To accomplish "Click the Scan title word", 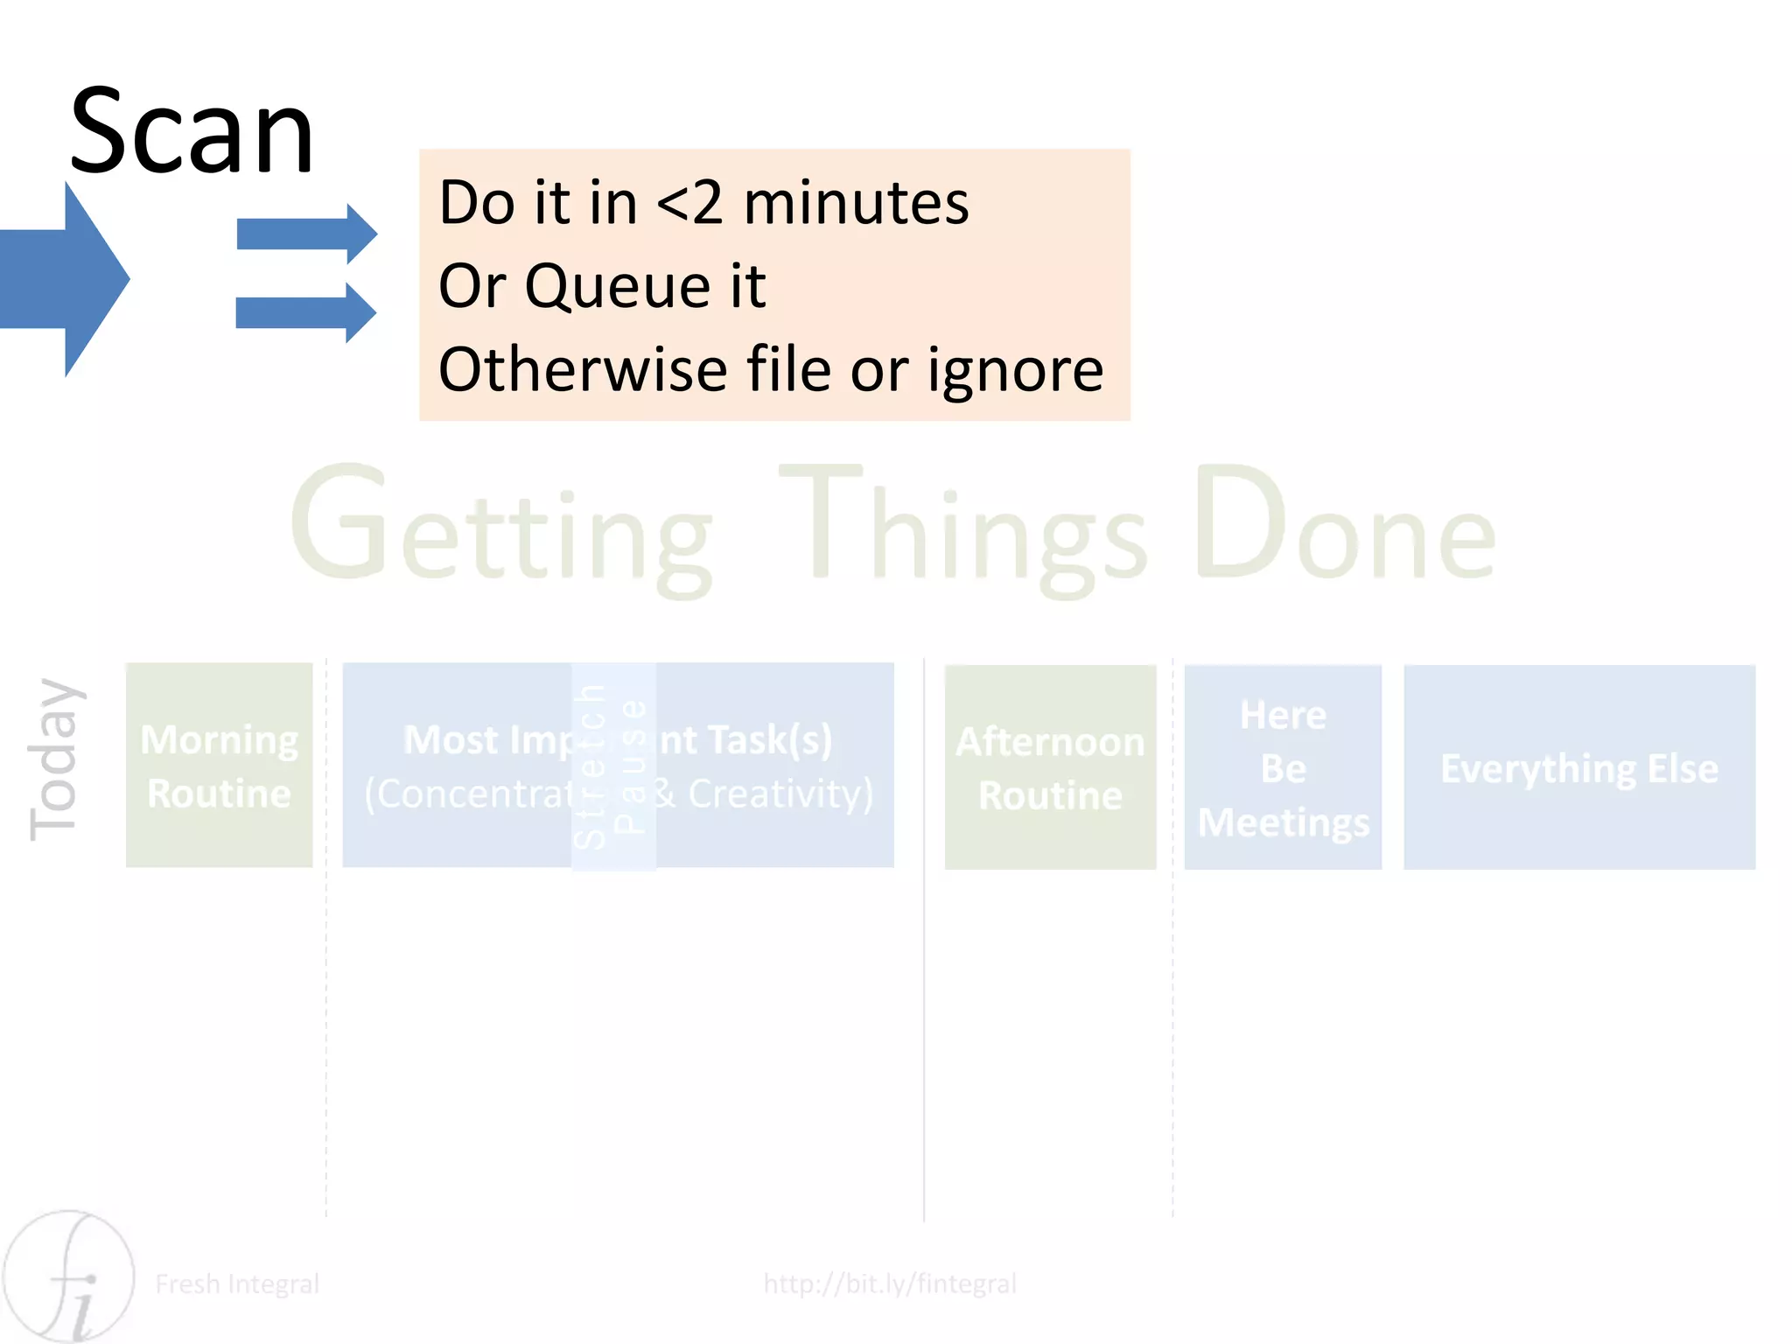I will click(191, 133).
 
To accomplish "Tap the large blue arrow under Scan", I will click(66, 279).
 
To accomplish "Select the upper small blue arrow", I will click(306, 234).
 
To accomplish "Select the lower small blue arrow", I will click(306, 312).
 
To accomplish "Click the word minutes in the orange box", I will click(856, 203).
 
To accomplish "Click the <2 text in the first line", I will click(689, 203).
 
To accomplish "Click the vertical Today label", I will click(54, 759).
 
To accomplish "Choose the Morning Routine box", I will click(219, 765).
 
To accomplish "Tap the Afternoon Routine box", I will click(1050, 766).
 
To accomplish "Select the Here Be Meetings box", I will click(1283, 766).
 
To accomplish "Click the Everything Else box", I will click(1578, 766).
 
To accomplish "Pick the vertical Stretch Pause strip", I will click(613, 766).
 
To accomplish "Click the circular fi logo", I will click(68, 1277).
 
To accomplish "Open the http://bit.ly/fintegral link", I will click(890, 1284).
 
